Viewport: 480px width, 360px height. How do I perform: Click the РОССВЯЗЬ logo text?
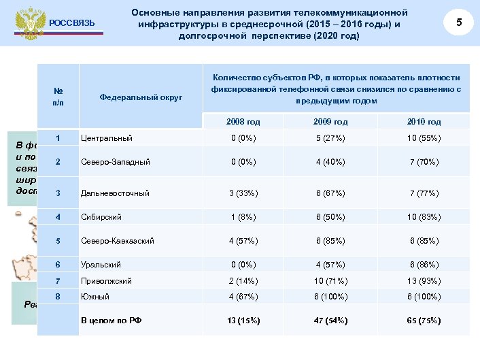click(72, 24)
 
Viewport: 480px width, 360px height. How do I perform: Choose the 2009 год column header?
click(330, 122)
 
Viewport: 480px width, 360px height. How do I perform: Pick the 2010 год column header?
click(424, 122)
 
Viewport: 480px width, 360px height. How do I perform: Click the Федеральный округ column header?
click(141, 97)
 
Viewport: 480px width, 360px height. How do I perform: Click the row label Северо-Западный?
click(115, 163)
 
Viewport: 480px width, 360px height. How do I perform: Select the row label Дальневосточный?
click(115, 193)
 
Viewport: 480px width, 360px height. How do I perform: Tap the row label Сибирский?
click(101, 217)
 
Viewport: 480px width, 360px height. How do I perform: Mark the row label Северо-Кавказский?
click(118, 241)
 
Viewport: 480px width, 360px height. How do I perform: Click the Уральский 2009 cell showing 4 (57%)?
click(330, 265)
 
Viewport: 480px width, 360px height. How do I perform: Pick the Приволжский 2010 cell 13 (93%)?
click(424, 280)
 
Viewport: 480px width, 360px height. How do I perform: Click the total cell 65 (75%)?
click(424, 320)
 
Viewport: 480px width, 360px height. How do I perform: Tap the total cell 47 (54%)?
click(330, 320)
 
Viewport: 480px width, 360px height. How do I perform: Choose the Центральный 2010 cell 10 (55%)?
click(424, 139)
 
